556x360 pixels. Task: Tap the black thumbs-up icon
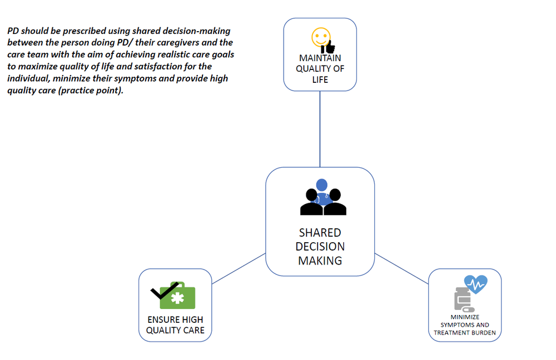(x=329, y=47)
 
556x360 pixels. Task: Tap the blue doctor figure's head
(x=321, y=185)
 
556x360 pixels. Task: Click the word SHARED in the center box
(x=320, y=233)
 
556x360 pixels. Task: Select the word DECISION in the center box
(x=320, y=247)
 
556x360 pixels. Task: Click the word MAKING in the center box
(x=320, y=261)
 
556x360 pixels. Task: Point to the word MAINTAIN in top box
(x=320, y=58)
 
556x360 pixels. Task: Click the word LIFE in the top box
(x=320, y=80)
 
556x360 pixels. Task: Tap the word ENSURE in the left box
(x=161, y=319)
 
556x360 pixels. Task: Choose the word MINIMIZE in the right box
(x=465, y=317)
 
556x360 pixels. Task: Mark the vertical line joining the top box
(x=320, y=129)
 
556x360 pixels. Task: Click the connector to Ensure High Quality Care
(x=239, y=268)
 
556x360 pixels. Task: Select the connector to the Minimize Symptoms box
(x=401, y=268)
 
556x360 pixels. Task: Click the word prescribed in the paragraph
(x=85, y=31)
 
